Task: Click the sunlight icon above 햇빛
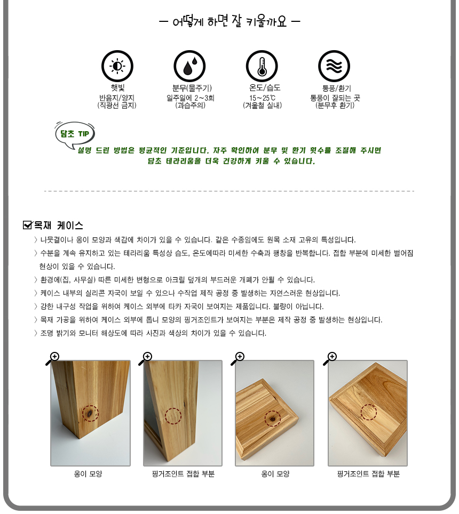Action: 117,66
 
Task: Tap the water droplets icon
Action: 189,66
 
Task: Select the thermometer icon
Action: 262,66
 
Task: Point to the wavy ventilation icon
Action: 334,66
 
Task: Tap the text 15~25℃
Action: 263,98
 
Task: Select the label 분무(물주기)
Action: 189,88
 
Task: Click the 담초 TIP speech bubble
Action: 75,133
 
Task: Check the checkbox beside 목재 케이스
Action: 28,225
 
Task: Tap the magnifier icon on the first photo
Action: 52,359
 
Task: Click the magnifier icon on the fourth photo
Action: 330,359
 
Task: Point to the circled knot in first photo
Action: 91,413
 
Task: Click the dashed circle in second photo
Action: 173,416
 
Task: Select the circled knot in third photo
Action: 273,419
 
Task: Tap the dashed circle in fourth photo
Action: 368,412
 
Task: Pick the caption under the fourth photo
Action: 368,473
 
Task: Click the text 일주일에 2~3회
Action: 190,98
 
